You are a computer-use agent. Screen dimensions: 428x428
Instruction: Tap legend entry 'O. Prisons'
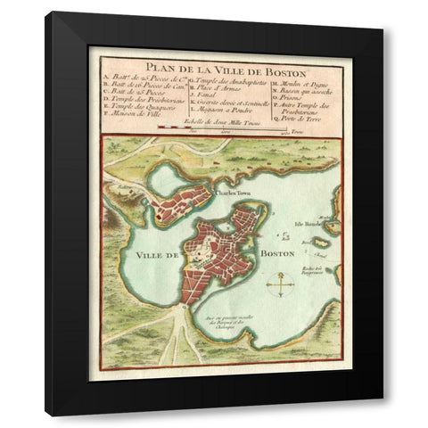pyautogui.click(x=298, y=100)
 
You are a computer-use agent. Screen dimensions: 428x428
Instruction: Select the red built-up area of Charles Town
pyautogui.click(x=183, y=202)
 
